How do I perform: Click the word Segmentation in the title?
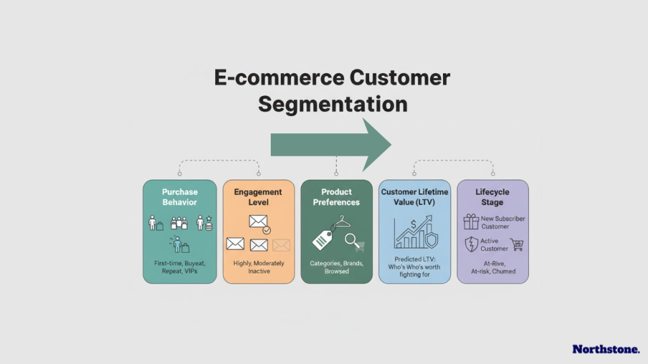(332, 104)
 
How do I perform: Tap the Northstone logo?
(606, 349)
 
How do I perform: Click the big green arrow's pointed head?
(376, 145)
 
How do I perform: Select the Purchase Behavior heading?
(179, 197)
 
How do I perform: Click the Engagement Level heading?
(258, 197)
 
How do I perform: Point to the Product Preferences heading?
(336, 197)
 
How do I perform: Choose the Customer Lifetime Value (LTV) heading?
(414, 197)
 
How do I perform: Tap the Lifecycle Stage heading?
(492, 197)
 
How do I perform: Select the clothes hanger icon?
(342, 222)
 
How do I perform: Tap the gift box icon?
(471, 222)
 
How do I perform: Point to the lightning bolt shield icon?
(471, 245)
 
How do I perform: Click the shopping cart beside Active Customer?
(516, 245)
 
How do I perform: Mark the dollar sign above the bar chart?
(413, 222)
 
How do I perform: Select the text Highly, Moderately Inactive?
(258, 267)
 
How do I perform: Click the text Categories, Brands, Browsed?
(337, 267)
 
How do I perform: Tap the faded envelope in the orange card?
(281, 245)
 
